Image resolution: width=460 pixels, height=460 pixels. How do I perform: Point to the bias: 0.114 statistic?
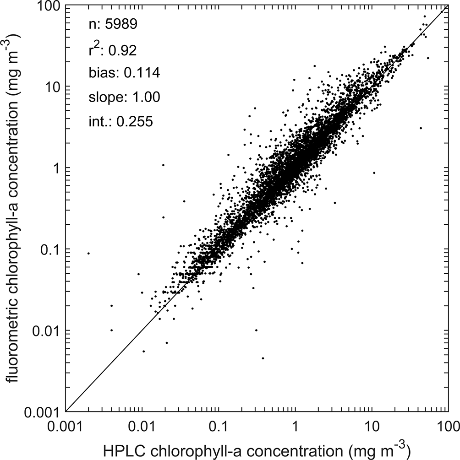(x=124, y=73)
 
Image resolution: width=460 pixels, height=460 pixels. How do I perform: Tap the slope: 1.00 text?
(x=123, y=97)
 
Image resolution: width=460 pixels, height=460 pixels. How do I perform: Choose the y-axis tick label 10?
(x=53, y=87)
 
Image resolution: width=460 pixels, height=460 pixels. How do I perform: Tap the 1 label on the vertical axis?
(x=57, y=168)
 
